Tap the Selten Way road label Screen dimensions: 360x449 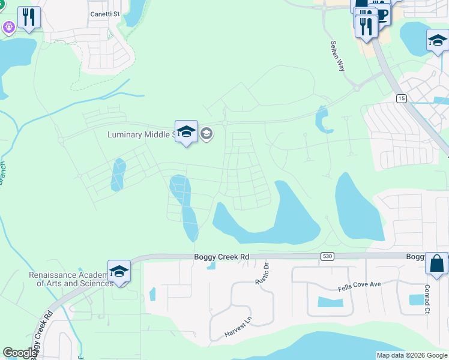tap(338, 56)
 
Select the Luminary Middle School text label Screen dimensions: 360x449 tap(140, 134)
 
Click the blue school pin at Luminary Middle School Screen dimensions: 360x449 tap(186, 132)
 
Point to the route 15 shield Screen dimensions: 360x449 tap(401, 98)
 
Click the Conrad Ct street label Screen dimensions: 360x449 tap(427, 300)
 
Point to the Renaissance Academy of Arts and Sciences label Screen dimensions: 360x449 tap(71, 279)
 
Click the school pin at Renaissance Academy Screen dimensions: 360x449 tap(119, 271)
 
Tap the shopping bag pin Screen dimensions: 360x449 tap(436, 263)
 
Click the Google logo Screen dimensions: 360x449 tap(20, 353)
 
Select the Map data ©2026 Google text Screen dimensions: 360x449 tap(412, 355)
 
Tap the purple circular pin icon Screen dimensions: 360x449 tap(8, 27)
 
